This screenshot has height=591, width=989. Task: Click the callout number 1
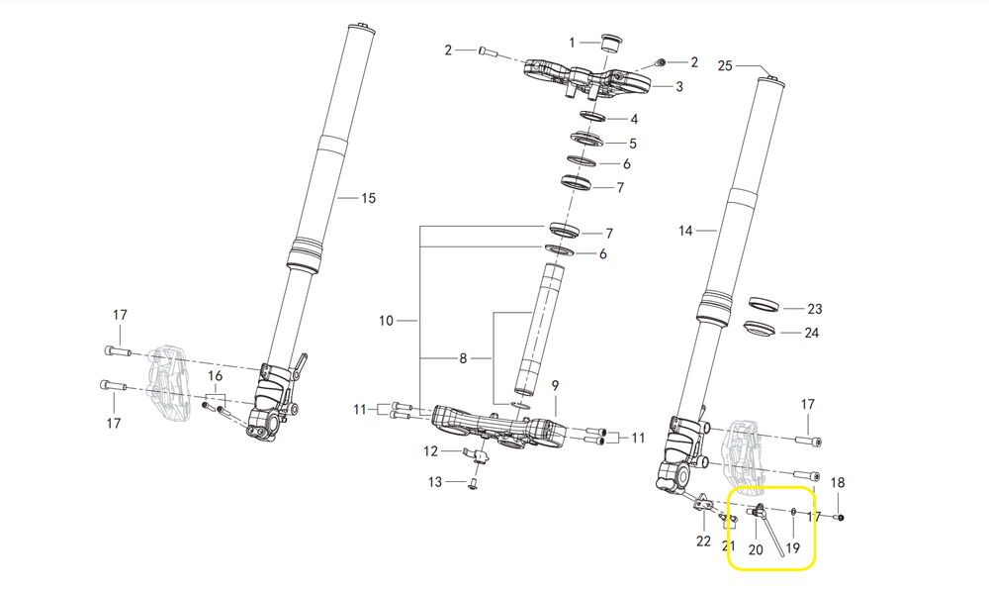click(572, 42)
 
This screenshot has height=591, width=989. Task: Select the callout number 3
click(679, 87)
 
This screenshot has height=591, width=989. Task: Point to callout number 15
click(368, 198)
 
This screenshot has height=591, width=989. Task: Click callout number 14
click(686, 231)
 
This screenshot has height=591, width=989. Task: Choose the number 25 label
click(725, 66)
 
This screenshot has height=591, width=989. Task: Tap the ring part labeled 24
click(761, 328)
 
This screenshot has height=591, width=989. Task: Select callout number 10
click(386, 321)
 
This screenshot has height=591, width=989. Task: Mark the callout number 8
click(462, 358)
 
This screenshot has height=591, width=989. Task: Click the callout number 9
click(555, 385)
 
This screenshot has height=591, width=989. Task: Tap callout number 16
click(215, 376)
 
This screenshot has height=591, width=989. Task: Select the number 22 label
click(704, 541)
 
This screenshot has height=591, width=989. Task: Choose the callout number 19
click(792, 548)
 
